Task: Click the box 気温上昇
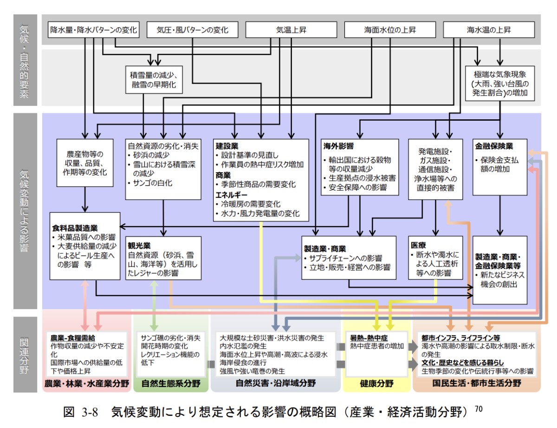[x=291, y=30]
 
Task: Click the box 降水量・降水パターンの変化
[x=94, y=30]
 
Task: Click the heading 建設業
[x=227, y=145]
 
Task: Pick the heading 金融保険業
[x=493, y=145]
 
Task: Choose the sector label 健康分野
[x=376, y=383]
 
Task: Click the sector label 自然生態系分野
[x=171, y=383]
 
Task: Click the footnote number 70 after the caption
[x=479, y=409]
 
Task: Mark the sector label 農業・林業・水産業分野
[x=86, y=383]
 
